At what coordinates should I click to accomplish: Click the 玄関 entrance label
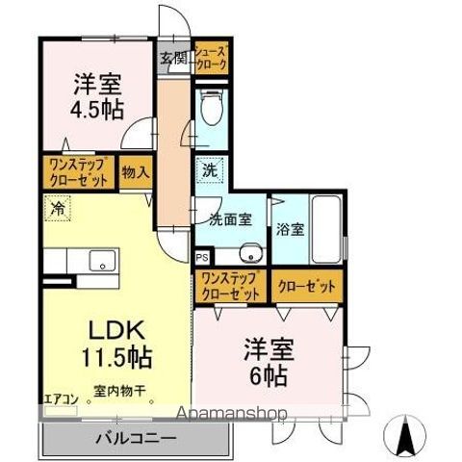pos(174,57)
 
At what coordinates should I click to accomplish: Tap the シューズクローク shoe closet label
pos(211,58)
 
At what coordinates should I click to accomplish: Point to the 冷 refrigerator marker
pos(58,206)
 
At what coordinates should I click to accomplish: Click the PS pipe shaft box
pos(200,257)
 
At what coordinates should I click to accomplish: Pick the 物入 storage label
pos(136,173)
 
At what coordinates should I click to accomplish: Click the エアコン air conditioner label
pos(61,396)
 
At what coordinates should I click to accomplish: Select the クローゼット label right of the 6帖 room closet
pos(307,286)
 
